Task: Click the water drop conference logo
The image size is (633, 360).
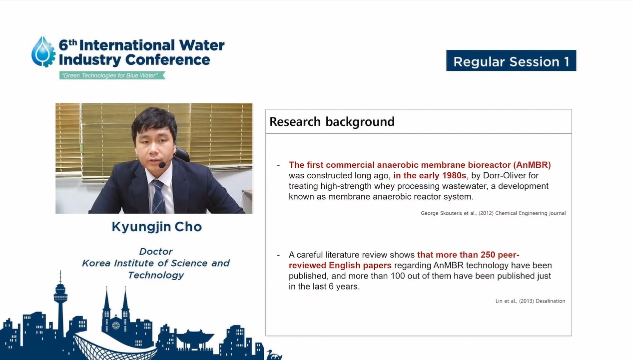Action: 43,52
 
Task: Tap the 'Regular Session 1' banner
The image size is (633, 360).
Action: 511,61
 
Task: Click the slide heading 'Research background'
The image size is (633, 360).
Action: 332,122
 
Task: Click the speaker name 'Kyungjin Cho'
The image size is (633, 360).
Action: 156,227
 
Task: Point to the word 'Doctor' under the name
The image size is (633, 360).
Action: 156,251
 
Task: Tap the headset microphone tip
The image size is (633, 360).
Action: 162,165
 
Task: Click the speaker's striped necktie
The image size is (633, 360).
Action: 158,197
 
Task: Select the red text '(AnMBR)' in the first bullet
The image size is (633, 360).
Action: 532,165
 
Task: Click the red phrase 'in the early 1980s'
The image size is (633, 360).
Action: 430,175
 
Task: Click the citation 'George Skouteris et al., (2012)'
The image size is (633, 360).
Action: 457,213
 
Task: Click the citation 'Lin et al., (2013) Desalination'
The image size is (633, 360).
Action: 530,301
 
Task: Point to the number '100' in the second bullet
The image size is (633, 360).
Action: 398,276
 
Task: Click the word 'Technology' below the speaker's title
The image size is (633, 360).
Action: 156,275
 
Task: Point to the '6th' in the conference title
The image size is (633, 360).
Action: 68,45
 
